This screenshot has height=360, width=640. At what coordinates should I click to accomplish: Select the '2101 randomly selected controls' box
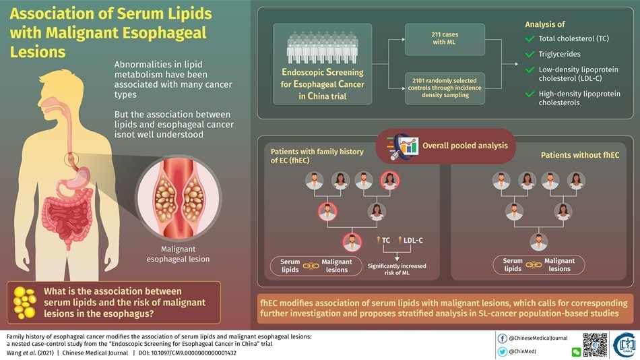444,88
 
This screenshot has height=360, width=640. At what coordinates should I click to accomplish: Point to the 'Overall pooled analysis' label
459,146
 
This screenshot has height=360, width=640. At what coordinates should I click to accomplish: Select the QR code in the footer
595,344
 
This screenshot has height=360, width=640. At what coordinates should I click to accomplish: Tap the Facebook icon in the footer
503,338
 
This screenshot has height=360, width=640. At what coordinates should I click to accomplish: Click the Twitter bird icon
503,352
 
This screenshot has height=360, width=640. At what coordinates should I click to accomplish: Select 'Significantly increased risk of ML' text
397,270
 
